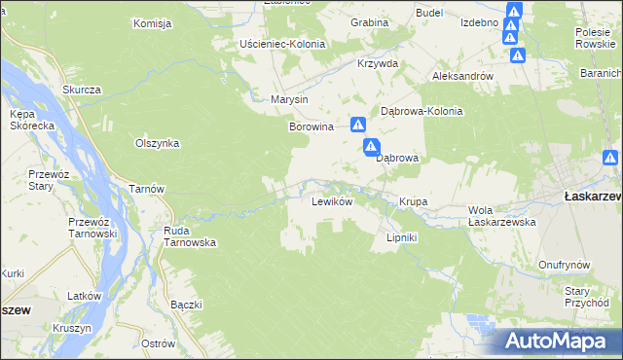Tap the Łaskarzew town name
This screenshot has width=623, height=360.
[x=593, y=196]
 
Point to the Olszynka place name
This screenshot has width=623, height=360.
[x=157, y=143]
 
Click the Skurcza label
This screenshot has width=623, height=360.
[x=82, y=90]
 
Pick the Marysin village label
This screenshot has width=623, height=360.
[x=289, y=100]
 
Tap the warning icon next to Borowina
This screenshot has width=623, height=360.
[x=358, y=125]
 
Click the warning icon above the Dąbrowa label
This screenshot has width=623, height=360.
[x=371, y=148]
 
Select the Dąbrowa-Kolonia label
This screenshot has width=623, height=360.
[x=421, y=111]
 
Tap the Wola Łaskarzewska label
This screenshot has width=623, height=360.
[x=502, y=216]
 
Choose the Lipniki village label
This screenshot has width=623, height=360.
[x=402, y=236]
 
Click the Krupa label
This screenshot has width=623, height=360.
[x=413, y=202]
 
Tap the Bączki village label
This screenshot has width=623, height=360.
[x=185, y=305]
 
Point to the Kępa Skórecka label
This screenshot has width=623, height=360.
[x=24, y=122]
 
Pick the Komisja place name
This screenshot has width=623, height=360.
[x=152, y=23]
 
